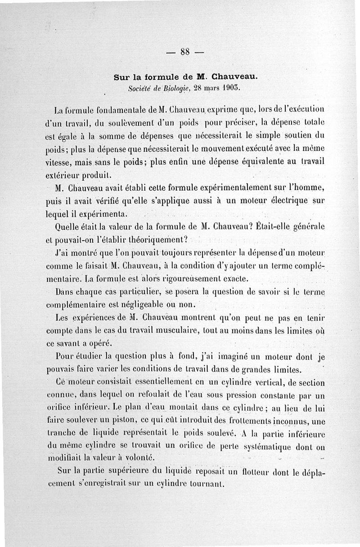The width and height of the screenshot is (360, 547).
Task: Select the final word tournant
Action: (207, 484)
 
